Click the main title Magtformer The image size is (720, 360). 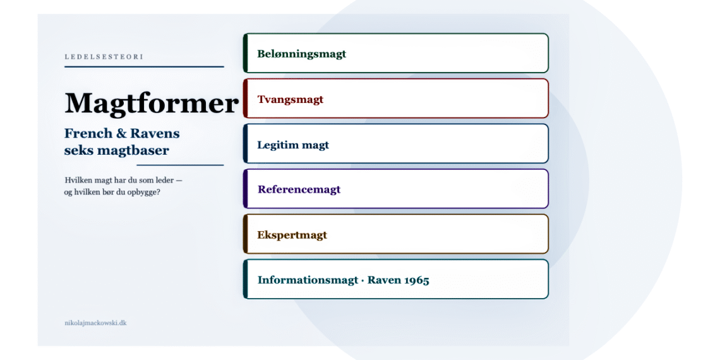point(151,104)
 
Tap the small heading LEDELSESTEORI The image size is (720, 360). point(104,57)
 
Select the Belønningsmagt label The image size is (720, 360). point(302,54)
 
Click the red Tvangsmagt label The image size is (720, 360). point(290,99)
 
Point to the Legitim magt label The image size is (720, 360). point(293,145)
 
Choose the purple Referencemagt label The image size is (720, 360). point(299,189)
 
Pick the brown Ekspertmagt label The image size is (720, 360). point(292,235)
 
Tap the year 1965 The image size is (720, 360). point(416,280)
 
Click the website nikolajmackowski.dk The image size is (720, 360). point(95,323)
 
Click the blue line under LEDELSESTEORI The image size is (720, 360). point(144,66)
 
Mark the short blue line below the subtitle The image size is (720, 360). point(181,164)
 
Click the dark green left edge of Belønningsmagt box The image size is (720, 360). point(245,53)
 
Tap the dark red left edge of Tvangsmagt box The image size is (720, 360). point(245,99)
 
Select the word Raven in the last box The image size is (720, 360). point(387,280)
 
